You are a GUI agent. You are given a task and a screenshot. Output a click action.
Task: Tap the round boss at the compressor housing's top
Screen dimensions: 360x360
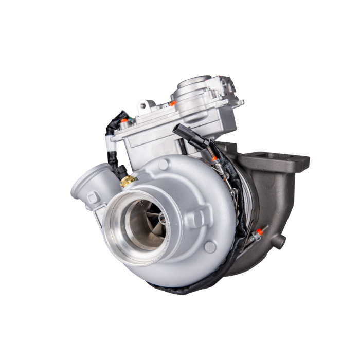(x=163, y=164)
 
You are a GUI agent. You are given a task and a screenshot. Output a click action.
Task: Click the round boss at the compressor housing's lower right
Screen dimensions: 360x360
(x=209, y=246)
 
